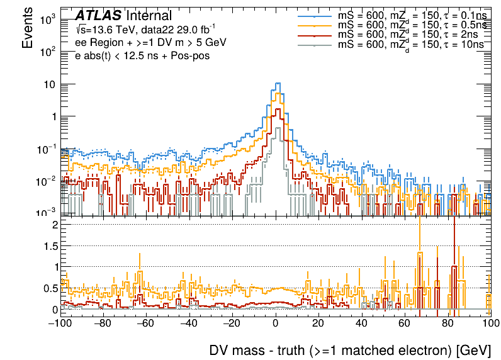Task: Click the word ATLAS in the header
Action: tap(98, 16)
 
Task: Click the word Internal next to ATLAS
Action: tap(149, 16)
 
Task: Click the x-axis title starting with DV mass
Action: tap(349, 349)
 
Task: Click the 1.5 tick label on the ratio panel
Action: tap(51, 245)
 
